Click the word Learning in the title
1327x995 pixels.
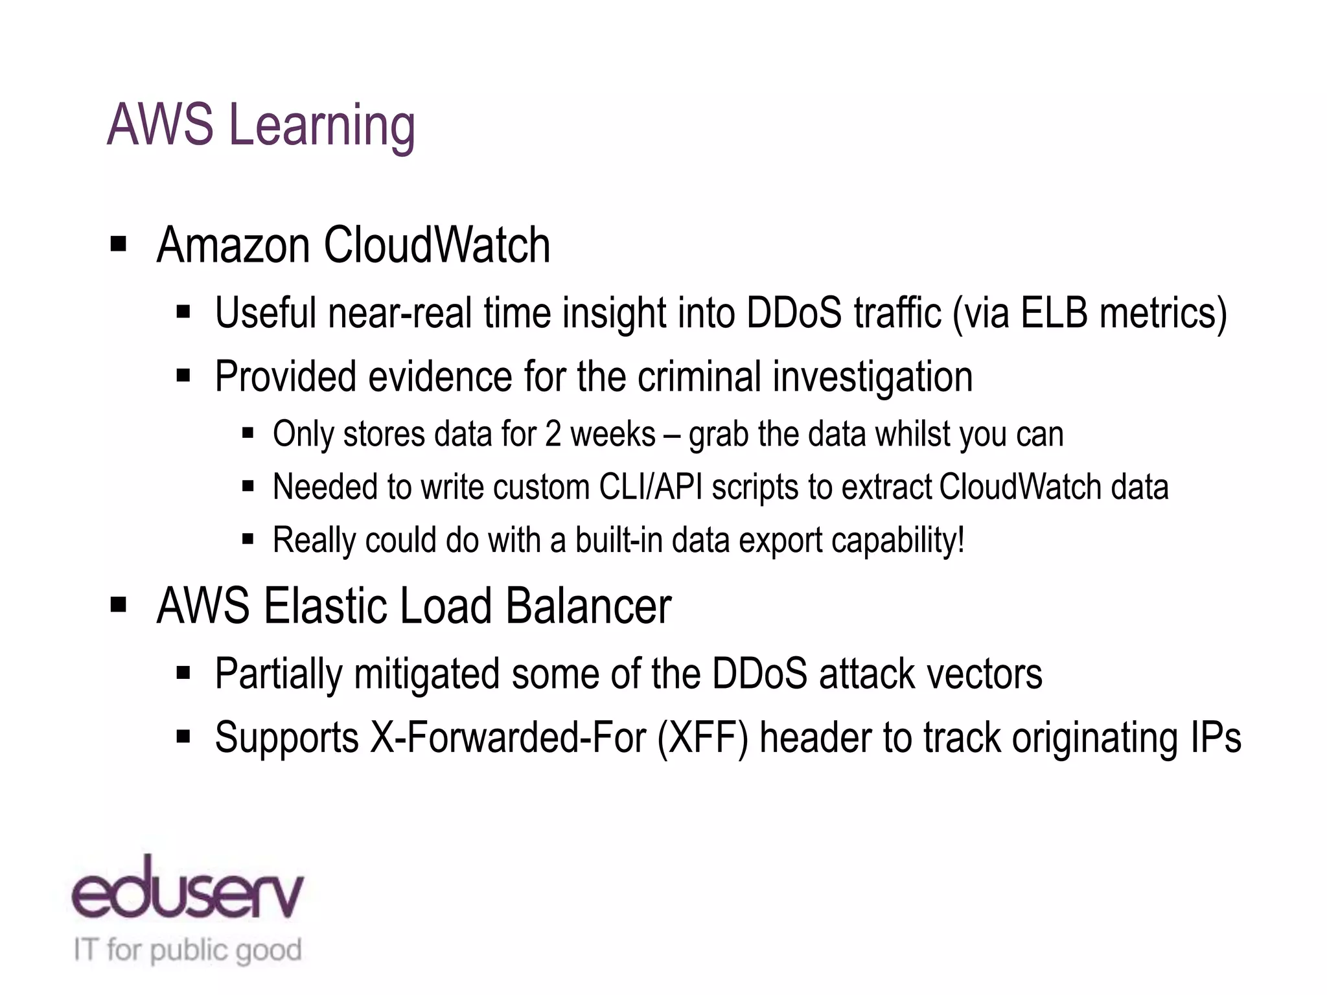[x=322, y=126]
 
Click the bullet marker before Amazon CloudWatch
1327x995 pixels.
[x=118, y=244]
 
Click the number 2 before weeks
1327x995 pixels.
[x=553, y=434]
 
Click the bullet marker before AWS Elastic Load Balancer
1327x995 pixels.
[x=118, y=605]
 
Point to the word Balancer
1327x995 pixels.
[x=588, y=606]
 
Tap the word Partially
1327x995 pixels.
[x=279, y=674]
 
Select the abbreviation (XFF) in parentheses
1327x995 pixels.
[x=702, y=738]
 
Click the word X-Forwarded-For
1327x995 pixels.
[x=508, y=738]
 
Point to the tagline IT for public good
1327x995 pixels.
[x=187, y=950]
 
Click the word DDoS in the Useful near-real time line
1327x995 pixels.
[x=794, y=313]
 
